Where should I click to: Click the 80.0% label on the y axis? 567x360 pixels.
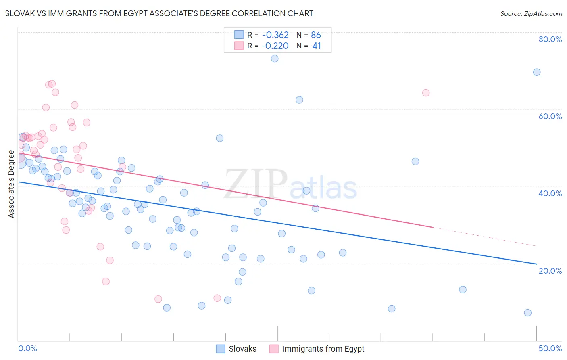[x=550, y=39]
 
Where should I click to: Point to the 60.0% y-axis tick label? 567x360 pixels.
[x=550, y=116]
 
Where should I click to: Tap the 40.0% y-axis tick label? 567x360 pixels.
[x=550, y=193]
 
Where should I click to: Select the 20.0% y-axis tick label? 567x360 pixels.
[x=550, y=270]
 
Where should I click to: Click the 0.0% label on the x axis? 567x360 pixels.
[x=27, y=348]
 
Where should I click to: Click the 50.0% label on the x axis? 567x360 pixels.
[x=550, y=348]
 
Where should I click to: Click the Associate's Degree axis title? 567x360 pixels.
[x=11, y=184]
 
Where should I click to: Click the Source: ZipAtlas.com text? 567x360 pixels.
[x=531, y=13]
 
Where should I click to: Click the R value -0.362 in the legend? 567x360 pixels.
[x=275, y=35]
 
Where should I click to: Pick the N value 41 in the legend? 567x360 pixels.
[x=317, y=46]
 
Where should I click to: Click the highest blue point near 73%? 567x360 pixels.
[x=275, y=59]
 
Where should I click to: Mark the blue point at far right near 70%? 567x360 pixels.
[x=537, y=72]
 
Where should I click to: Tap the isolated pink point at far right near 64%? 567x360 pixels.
[x=426, y=93]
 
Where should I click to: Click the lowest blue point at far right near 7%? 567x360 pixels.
[x=527, y=313]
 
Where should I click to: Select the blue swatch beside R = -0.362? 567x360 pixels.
[x=239, y=35]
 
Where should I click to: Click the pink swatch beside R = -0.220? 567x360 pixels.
[x=239, y=46]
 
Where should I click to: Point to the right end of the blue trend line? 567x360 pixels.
[x=536, y=264]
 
